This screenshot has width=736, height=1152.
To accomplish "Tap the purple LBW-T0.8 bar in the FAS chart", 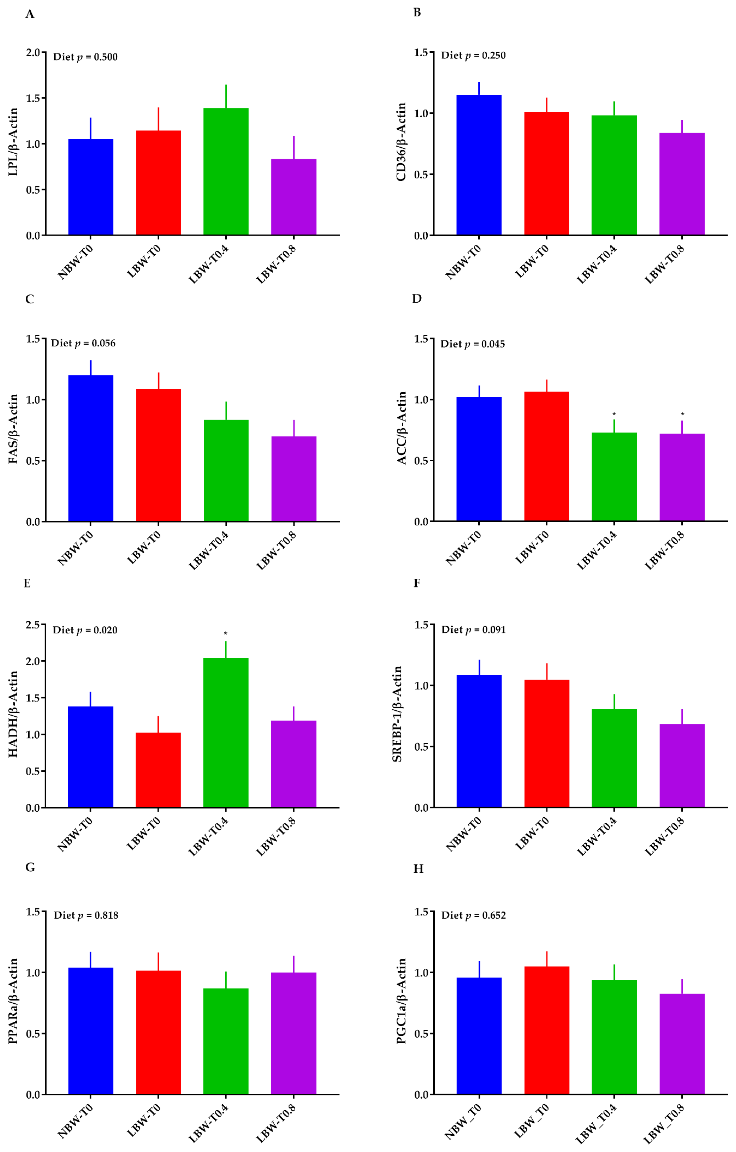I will [294, 478].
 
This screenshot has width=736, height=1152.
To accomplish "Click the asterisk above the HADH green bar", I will [225, 634].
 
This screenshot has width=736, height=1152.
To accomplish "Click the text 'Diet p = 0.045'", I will [473, 344].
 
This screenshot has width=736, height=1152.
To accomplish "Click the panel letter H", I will [418, 868].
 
